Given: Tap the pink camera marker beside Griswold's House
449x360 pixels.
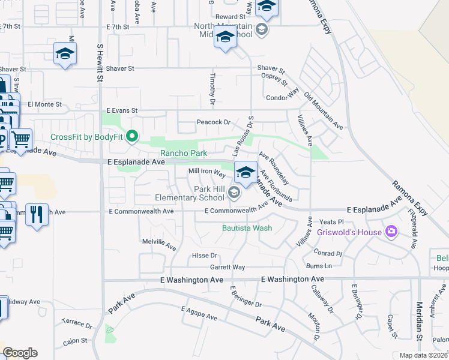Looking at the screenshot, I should (392, 231).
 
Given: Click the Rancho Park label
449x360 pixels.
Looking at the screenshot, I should (183, 153).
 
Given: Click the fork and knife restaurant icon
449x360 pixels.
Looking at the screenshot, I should (37, 214).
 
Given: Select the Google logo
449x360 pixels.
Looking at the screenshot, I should (20, 353).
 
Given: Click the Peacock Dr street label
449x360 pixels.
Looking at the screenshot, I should (214, 122).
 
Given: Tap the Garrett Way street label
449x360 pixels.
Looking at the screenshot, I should (227, 267).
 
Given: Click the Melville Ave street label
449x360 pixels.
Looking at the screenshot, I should (158, 246).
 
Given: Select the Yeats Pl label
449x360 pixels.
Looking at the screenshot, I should (331, 222).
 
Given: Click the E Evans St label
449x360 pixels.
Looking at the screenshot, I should (122, 110).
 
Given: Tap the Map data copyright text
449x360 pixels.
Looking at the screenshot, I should (424, 355).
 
